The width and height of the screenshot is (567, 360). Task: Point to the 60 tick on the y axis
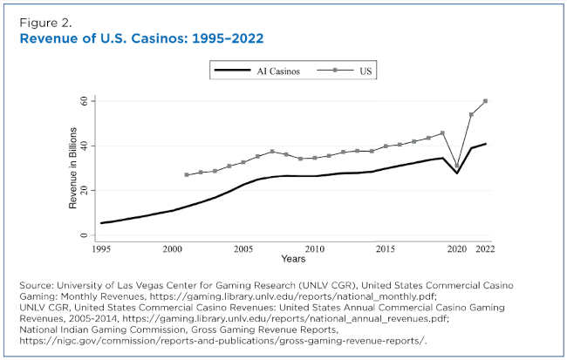84,101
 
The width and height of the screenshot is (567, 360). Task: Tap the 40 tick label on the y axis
84,146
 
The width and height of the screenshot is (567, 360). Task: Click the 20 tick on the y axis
84,190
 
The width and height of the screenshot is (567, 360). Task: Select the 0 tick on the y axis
85,234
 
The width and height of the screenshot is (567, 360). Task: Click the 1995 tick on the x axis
101,248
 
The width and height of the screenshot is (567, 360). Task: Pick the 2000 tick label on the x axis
173,248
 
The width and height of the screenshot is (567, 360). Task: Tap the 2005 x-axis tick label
243,248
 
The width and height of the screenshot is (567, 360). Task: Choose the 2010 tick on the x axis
315,248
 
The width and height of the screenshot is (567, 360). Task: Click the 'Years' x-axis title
293,259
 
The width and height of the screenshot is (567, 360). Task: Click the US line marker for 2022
486,101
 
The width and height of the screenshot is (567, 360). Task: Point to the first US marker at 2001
187,174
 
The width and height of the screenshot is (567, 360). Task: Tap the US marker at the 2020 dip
457,166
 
